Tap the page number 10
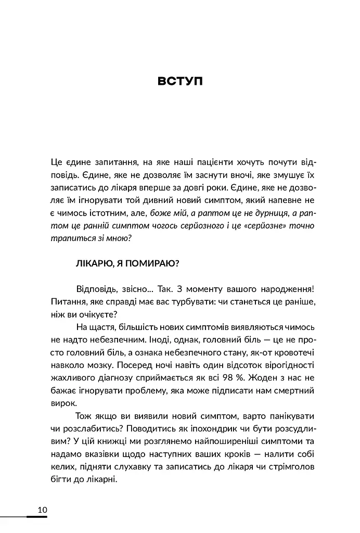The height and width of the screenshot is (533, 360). (42, 509)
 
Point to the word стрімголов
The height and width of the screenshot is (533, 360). (291, 466)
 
